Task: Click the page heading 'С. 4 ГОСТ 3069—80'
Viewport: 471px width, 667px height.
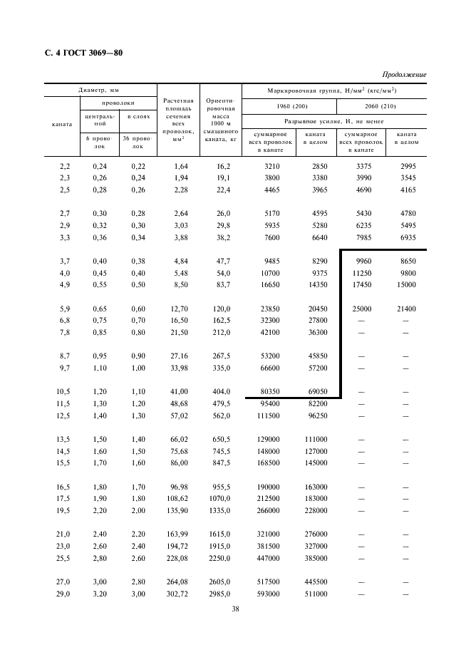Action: pos(87,53)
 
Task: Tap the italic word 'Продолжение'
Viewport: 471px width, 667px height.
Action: pos(404,74)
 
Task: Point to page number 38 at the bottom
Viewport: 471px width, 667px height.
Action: pos(236,609)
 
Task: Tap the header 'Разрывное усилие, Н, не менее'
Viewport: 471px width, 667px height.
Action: pos(334,122)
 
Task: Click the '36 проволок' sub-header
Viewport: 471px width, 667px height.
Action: pos(135,142)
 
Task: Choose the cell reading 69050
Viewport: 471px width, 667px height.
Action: pos(316,391)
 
